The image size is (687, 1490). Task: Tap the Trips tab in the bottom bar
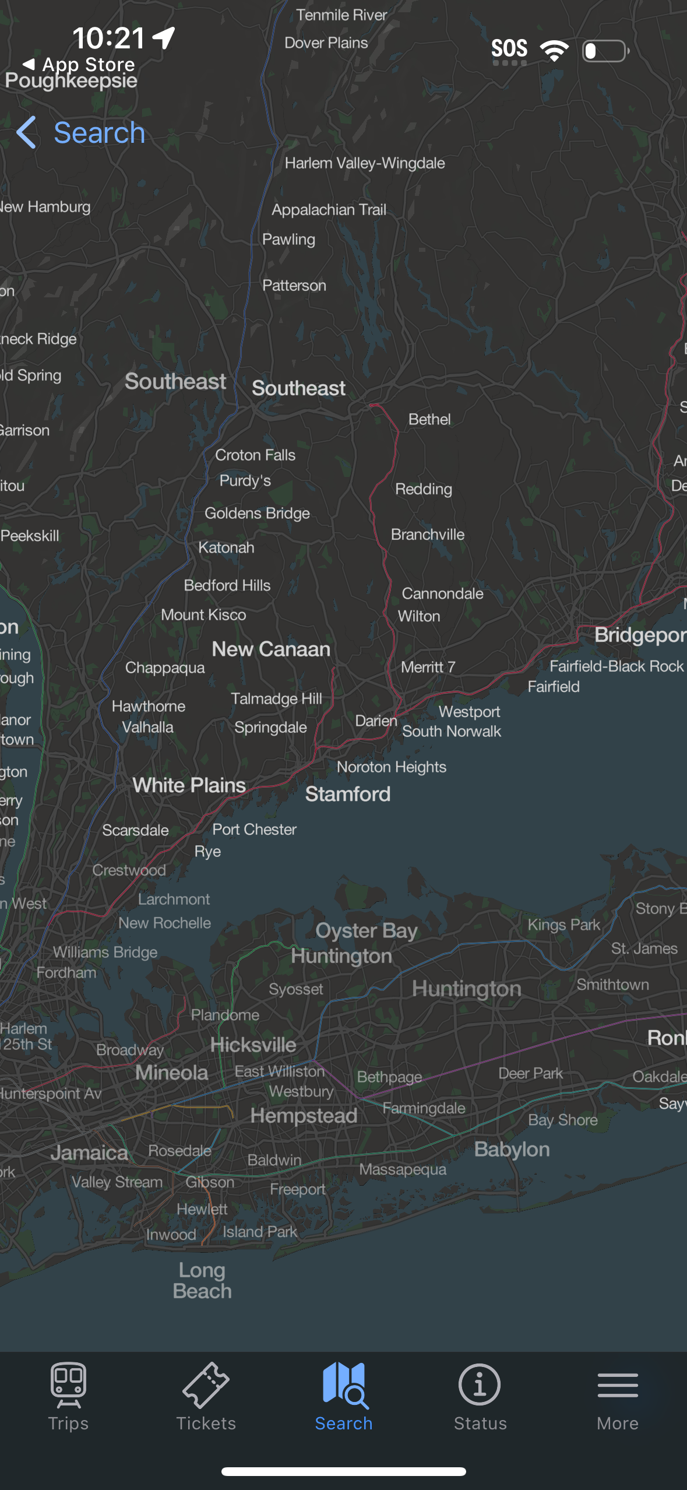tap(68, 1396)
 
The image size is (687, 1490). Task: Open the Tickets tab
tap(206, 1396)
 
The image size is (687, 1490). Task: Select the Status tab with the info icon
tap(480, 1396)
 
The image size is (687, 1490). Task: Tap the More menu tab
tap(618, 1396)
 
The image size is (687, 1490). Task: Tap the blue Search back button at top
tap(82, 133)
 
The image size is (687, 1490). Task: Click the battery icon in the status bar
tap(605, 51)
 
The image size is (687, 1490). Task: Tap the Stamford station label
tap(348, 794)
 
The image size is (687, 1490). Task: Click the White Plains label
tap(189, 785)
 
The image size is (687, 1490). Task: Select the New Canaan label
tap(271, 649)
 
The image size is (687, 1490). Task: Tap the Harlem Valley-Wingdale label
tap(365, 163)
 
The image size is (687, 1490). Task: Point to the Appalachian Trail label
tap(329, 210)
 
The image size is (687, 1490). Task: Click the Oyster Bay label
tap(367, 930)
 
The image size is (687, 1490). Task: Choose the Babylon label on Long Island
tap(512, 1149)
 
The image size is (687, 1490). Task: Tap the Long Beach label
tap(202, 1280)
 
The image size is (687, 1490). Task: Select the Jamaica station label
tap(89, 1152)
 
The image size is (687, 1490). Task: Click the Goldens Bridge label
tap(257, 514)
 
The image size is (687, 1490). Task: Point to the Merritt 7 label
tap(428, 667)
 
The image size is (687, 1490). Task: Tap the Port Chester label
tap(255, 830)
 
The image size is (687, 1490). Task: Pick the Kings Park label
tap(563, 925)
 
